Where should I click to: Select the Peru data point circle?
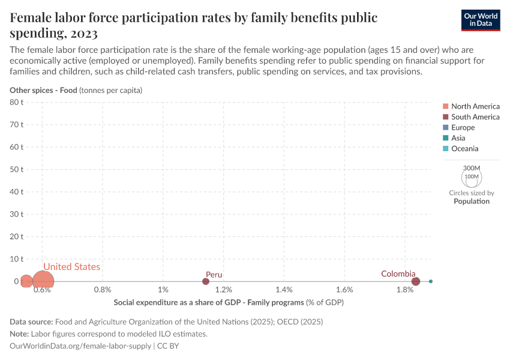tap(206, 281)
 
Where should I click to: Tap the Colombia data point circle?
tap(416, 281)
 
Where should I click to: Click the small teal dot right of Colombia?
tap(431, 281)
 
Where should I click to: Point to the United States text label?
tap(71, 267)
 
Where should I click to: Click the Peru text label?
tap(214, 275)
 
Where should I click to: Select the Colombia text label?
tap(398, 274)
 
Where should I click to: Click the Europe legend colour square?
tap(445, 127)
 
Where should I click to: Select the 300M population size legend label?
tap(472, 168)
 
